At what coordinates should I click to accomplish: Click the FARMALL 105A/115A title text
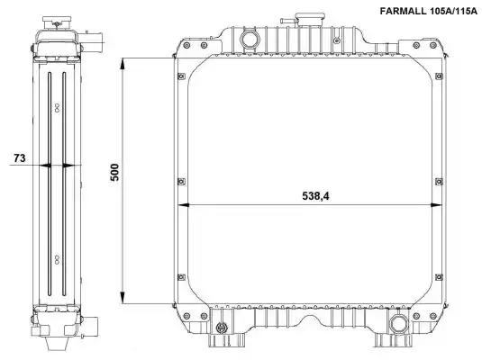429,12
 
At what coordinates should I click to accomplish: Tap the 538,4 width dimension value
315,196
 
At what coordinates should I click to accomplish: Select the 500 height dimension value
114,172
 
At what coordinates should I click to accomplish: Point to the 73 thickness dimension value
19,158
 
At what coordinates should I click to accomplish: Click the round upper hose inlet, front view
250,40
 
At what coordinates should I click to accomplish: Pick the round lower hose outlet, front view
399,325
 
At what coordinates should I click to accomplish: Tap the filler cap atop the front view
310,20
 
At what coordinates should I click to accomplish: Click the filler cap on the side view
57,22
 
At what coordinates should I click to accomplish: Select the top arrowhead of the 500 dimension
123,64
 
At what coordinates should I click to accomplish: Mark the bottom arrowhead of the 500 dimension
123,298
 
